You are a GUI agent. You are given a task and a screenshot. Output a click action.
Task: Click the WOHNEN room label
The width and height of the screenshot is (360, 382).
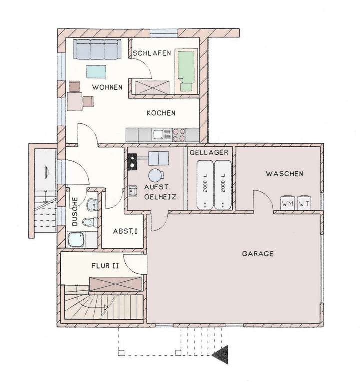click(107, 87)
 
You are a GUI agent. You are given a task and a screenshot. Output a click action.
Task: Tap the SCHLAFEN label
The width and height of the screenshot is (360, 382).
click(152, 53)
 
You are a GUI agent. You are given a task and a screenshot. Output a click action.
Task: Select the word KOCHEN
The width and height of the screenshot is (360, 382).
click(161, 113)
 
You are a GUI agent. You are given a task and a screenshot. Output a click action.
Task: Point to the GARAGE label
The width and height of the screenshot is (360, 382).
click(258, 254)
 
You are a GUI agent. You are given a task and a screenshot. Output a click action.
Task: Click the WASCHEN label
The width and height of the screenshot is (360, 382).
click(284, 174)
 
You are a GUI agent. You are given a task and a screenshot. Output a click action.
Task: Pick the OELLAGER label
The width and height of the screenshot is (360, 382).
click(209, 152)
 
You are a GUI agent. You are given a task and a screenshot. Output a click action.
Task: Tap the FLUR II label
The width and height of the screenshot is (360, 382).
click(105, 266)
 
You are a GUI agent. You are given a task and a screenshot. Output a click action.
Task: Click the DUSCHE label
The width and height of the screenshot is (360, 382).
click(75, 212)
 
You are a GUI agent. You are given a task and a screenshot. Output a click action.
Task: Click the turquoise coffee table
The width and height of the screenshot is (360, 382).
click(96, 72)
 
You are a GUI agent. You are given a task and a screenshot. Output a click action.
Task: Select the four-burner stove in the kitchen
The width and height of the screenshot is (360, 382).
click(179, 134)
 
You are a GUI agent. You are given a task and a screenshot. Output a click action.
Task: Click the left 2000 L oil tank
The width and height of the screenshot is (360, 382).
click(205, 184)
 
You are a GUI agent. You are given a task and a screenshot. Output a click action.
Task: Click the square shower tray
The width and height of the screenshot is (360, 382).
click(76, 240)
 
